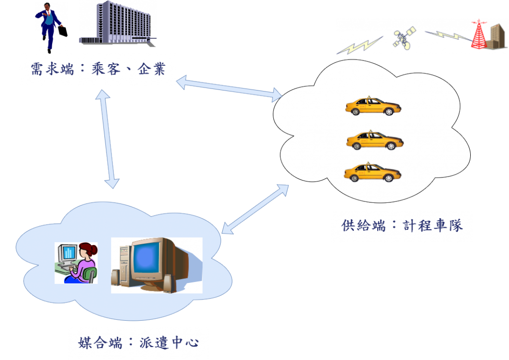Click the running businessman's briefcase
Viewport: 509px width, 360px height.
(62, 31)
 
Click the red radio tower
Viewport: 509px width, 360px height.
(480, 36)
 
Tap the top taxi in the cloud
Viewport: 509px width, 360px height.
(373, 106)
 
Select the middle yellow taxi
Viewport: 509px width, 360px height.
(374, 141)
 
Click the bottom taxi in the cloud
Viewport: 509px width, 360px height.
(372, 173)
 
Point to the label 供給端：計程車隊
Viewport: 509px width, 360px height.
(402, 225)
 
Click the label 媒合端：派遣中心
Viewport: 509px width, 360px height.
(139, 342)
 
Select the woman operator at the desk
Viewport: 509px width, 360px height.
(84, 264)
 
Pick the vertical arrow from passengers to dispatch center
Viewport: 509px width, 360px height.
(108, 139)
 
